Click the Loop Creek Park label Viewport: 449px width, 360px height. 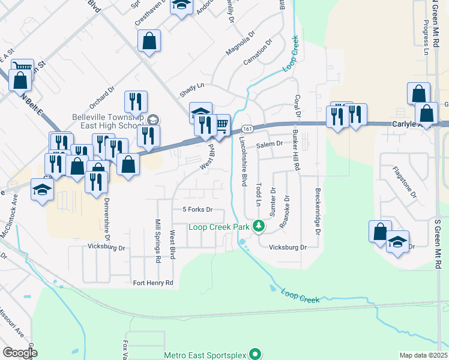pos(218,227)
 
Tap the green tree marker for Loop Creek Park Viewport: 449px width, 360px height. pos(259,226)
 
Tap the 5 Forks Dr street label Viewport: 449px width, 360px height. pos(197,210)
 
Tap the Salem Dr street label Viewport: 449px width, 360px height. pos(269,145)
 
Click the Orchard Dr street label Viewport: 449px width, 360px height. pos(104,98)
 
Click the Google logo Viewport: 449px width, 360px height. pos(20,352)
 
